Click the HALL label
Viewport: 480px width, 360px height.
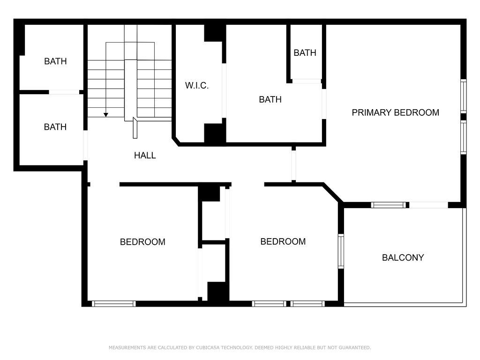point(145,155)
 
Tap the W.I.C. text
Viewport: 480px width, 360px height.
point(197,85)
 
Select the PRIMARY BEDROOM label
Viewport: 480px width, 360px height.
point(395,112)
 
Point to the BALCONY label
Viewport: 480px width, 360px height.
point(403,257)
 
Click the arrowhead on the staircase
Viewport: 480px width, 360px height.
point(105,115)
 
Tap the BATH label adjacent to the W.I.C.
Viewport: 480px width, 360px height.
point(270,99)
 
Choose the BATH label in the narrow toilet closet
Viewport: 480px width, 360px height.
point(305,53)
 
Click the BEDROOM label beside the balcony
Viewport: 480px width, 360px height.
point(283,241)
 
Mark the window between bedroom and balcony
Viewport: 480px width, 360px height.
point(341,251)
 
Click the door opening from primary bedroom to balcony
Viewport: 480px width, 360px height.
point(428,205)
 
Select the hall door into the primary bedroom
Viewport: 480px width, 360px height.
point(293,165)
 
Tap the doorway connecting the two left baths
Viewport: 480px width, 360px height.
point(64,92)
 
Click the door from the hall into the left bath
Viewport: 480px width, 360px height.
point(85,145)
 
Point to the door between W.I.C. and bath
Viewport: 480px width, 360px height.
point(224,90)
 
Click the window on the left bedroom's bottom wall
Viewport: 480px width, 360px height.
point(113,304)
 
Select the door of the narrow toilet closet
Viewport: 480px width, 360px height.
point(307,81)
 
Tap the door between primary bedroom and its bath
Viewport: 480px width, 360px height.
point(324,104)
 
